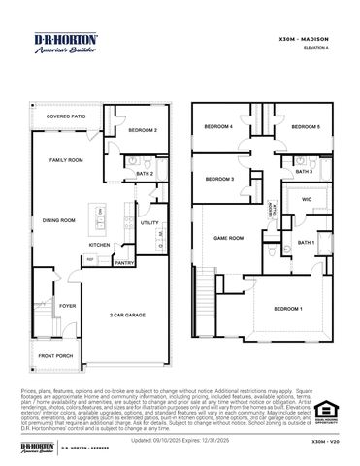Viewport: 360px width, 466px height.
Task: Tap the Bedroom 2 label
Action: pos(143,129)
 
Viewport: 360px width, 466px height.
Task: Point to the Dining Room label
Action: pos(59,220)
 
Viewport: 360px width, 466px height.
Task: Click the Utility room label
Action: pos(149,223)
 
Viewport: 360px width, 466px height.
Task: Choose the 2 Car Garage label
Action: pos(127,316)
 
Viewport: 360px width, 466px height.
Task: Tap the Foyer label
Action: pos(66,306)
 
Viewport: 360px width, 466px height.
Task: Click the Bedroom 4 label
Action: pos(218,127)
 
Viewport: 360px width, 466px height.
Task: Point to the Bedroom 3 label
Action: pos(220,180)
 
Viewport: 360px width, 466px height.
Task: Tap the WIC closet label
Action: pos(306,200)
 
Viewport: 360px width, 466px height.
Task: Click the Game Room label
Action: pos(228,237)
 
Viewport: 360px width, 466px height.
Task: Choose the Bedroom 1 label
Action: pos(287,308)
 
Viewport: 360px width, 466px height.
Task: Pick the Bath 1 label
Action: pos(306,243)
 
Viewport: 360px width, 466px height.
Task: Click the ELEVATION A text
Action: pos(318,47)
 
